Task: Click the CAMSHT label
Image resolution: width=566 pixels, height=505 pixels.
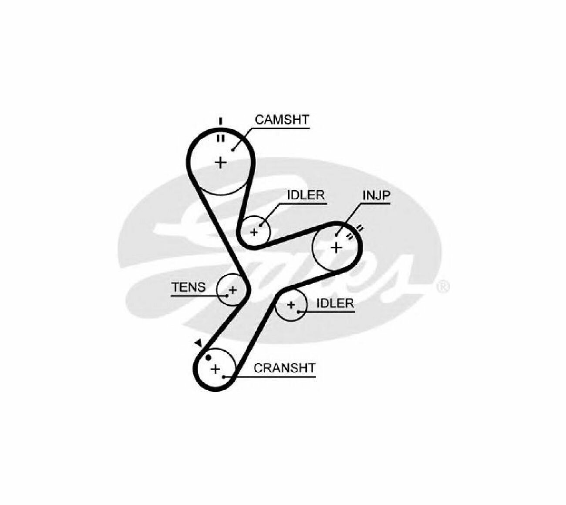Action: pos(282,120)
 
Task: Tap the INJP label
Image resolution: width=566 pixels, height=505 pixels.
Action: pos(376,195)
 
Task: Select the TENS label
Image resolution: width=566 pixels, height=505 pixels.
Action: pos(189,287)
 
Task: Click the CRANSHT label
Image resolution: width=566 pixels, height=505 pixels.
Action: pos(284,368)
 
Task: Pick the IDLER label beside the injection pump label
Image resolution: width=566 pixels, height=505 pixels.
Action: pos(306,195)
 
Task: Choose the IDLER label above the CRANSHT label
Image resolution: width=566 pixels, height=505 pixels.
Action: pos(335,303)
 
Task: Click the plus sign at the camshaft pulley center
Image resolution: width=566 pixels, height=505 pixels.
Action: pos(221,162)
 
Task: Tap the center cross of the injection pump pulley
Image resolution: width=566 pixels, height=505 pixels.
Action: pos(336,247)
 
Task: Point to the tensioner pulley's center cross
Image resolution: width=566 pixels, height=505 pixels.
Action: pos(232,290)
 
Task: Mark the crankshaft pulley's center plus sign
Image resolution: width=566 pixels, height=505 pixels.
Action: pos(216,370)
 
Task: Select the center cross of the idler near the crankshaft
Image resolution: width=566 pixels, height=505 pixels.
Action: pos(291,305)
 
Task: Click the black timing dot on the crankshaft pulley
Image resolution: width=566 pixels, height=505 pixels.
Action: pos(208,358)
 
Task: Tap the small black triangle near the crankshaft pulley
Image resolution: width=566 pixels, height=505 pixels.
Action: pos(199,343)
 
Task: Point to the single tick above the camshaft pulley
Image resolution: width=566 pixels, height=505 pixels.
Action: pos(220,121)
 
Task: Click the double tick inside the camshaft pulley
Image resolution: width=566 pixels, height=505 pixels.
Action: pos(221,138)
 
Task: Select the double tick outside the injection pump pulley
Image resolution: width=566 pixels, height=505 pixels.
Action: pos(360,229)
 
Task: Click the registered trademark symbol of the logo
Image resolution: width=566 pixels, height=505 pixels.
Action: pos(443,286)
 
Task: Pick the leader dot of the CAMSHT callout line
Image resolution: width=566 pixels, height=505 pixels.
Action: pos(232,150)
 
